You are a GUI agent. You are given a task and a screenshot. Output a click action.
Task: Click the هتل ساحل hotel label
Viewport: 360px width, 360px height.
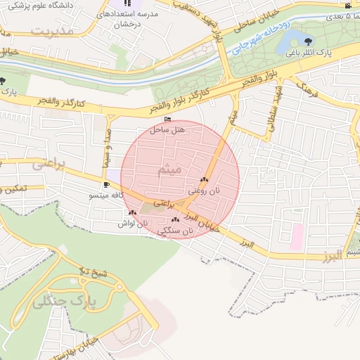click(x=167, y=130)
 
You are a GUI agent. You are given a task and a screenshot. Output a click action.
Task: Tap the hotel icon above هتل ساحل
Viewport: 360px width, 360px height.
click(x=167, y=120)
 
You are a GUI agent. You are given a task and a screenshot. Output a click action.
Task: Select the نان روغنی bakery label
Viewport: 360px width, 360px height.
click(x=204, y=190)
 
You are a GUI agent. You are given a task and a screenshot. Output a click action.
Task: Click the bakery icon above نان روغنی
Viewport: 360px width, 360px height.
click(x=204, y=180)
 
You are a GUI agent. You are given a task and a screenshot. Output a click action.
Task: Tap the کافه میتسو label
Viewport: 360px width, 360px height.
click(x=105, y=195)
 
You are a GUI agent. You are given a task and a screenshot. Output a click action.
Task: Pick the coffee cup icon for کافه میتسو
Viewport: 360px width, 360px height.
click(x=105, y=185)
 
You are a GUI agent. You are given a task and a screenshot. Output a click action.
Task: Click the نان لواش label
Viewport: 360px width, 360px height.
click(x=133, y=223)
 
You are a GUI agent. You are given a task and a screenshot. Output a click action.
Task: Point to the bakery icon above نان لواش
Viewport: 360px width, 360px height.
click(x=132, y=212)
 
